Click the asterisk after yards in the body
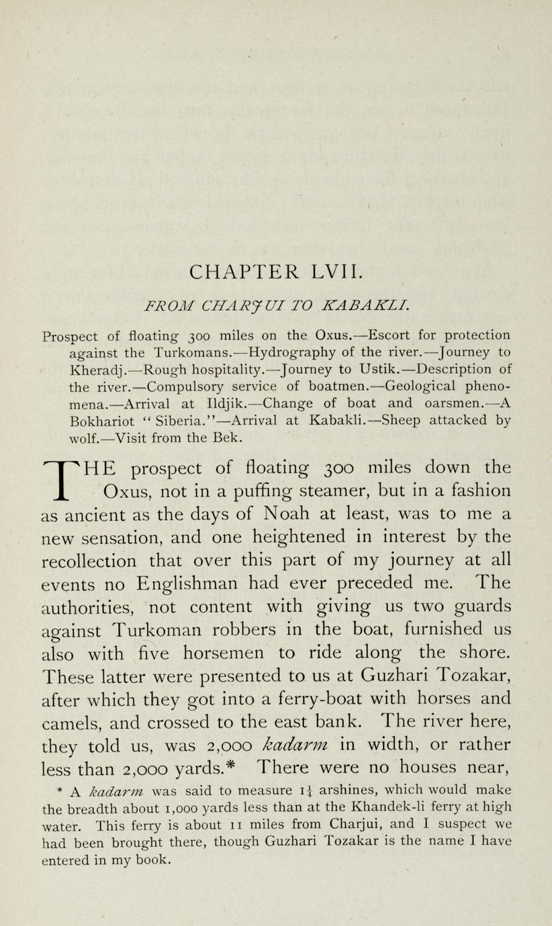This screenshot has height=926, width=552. [244, 765]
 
